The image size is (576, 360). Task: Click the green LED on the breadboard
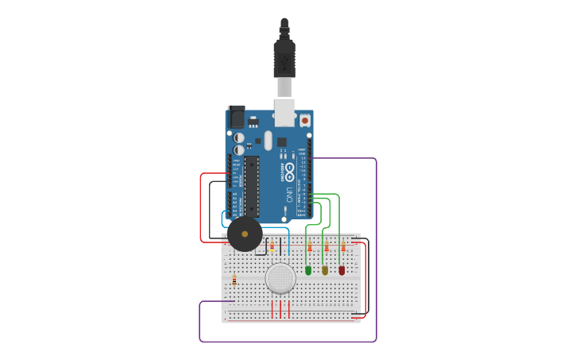308,270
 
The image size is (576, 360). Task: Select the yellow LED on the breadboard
325,270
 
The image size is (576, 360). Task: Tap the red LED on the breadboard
342,270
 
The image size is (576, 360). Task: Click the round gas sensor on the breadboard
280,278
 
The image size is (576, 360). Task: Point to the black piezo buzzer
244,234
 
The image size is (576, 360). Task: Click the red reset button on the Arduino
304,120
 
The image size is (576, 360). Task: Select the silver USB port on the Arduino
284,111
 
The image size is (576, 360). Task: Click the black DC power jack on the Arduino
236,118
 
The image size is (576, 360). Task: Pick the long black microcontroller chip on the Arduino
251,185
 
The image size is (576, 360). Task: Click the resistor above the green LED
309,247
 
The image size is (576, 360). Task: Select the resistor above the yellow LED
326,247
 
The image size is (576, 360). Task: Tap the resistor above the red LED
343,247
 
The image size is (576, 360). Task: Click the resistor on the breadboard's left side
234,280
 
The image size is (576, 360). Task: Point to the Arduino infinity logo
289,170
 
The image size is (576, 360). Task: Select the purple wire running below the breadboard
286,342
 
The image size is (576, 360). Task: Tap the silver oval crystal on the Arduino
269,141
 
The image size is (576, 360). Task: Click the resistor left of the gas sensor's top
273,246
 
